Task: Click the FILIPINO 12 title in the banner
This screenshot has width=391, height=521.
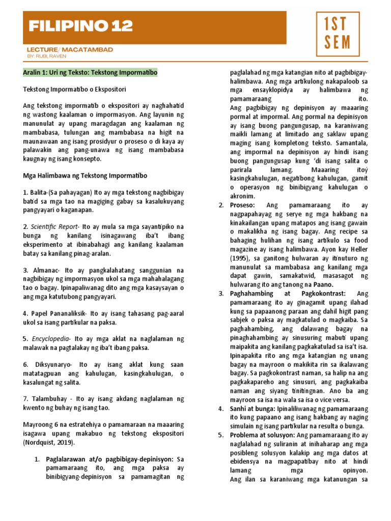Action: [x=80, y=26]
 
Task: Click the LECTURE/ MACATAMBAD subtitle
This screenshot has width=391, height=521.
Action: [x=70, y=49]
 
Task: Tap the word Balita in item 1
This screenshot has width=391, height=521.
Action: [x=40, y=193]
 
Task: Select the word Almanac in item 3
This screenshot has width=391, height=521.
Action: [x=44, y=270]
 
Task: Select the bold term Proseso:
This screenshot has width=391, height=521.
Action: [x=243, y=205]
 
